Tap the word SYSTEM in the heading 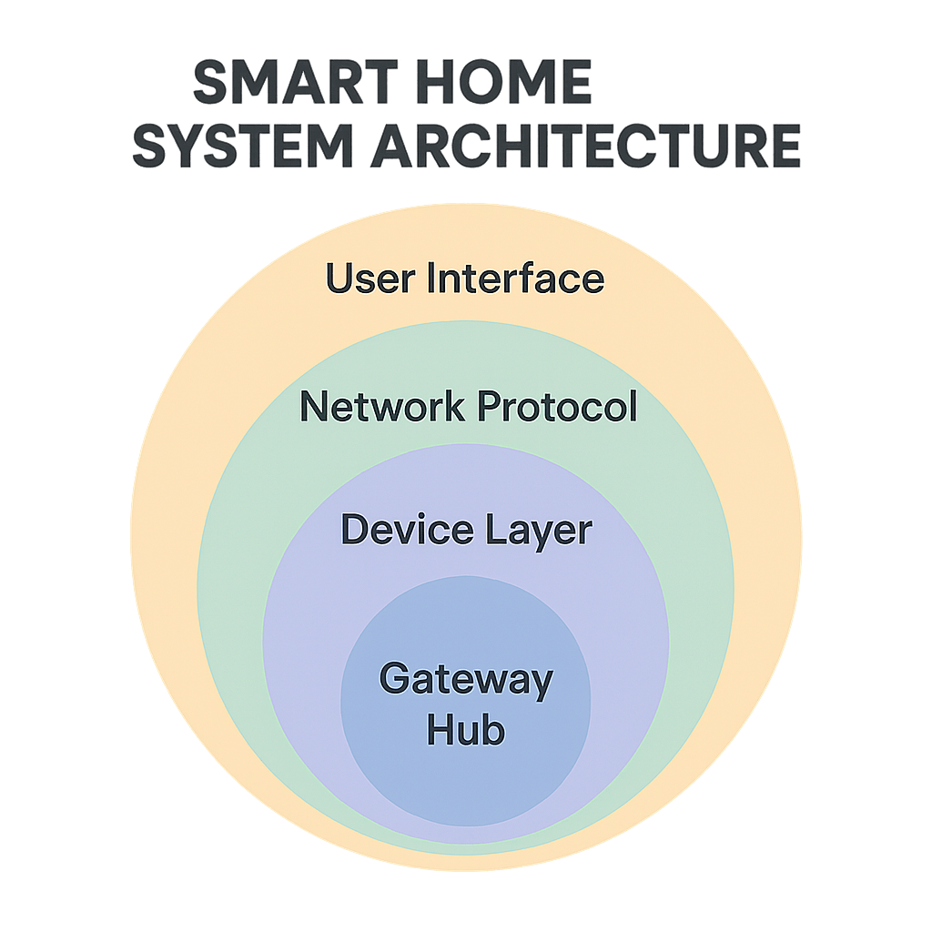tap(242, 147)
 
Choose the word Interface tap(516, 279)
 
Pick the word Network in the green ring tap(383, 407)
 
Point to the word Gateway tap(466, 681)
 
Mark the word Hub tap(466, 730)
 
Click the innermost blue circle tap(466, 774)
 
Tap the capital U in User tap(339, 279)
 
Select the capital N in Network tap(312, 407)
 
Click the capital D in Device tap(353, 530)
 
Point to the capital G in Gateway tap(393, 679)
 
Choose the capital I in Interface tap(432, 279)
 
